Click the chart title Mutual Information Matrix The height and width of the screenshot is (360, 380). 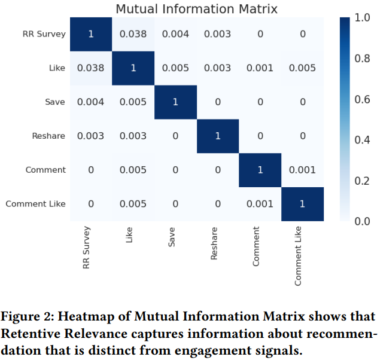(196, 9)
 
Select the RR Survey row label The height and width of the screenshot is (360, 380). (44, 34)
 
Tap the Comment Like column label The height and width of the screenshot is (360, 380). (298, 255)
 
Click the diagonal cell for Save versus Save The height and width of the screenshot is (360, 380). (175, 102)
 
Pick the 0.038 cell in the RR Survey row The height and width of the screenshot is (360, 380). (133, 34)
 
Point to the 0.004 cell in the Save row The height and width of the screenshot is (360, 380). (90, 102)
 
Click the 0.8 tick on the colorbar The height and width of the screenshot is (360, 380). (361, 59)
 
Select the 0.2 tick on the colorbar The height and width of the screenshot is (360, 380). (361, 181)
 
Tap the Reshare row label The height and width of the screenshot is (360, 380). (48, 136)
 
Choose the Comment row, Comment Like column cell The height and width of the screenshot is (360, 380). (302, 170)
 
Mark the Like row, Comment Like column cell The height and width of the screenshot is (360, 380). (302, 68)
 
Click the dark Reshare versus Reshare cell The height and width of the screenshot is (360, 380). (218, 136)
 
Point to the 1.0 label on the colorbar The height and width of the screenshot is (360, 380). (361, 19)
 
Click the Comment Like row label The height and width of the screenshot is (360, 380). (36, 205)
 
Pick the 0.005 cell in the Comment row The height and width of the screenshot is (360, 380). (133, 170)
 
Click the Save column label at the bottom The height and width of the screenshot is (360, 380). (172, 238)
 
